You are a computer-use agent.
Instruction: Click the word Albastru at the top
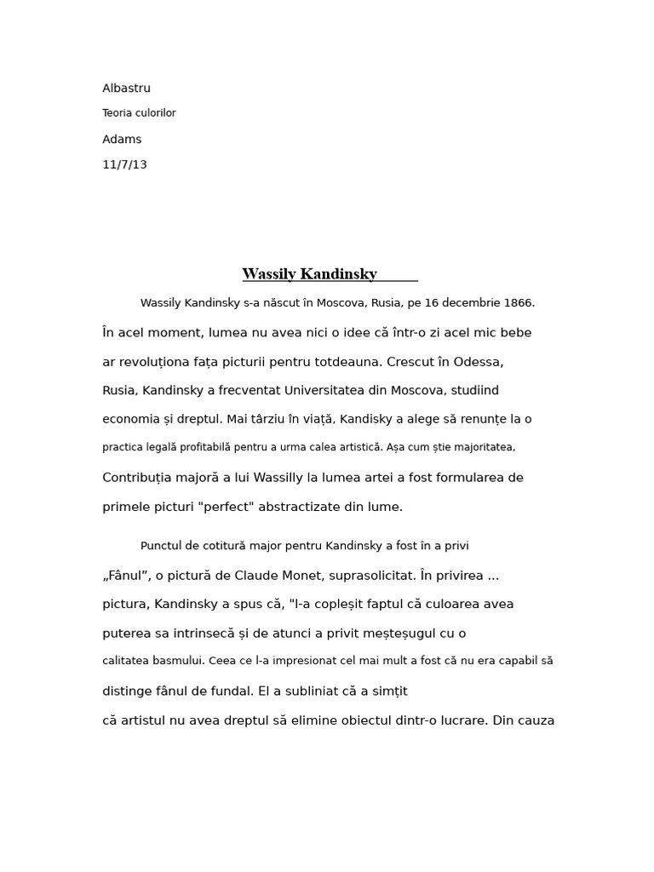126,89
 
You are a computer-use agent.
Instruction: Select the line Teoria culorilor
139,113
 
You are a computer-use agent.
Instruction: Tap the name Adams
122,140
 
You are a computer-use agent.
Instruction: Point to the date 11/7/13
124,165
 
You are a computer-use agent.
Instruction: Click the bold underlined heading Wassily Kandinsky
309,274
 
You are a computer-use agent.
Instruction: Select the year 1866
518,303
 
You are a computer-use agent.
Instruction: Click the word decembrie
467,303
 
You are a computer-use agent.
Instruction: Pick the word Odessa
481,362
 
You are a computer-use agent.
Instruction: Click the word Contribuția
140,478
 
